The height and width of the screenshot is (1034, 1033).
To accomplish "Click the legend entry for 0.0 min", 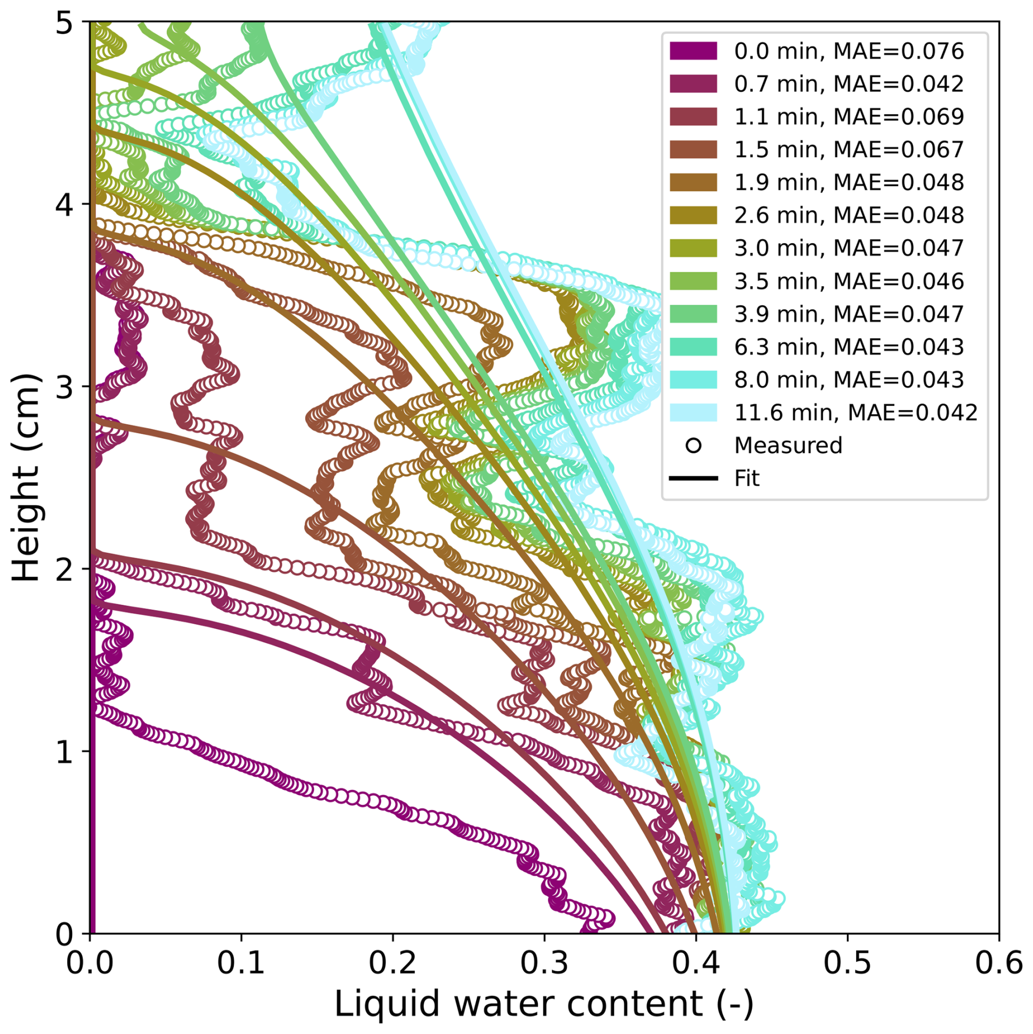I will [x=848, y=51].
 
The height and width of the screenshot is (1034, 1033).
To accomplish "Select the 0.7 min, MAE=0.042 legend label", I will [x=848, y=84].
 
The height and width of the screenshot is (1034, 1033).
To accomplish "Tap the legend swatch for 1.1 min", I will [x=693, y=117].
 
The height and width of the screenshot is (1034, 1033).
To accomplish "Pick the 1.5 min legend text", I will [x=848, y=150].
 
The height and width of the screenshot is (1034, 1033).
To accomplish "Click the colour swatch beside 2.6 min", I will [x=693, y=215].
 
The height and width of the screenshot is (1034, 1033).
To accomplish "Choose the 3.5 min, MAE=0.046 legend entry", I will [x=848, y=281].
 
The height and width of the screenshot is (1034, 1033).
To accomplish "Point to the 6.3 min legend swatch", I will [x=693, y=347].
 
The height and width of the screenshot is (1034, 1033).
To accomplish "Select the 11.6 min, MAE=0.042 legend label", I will [x=855, y=412].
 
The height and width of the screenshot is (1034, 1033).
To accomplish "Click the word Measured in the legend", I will [x=788, y=446].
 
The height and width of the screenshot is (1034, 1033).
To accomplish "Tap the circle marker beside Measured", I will [x=693, y=446].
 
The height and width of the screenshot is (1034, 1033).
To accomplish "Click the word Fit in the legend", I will [x=746, y=478].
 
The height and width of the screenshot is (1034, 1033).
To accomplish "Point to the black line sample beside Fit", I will [x=693, y=478].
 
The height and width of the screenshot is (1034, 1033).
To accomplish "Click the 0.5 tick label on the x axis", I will [x=847, y=962].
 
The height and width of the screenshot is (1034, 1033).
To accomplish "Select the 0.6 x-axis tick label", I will [x=998, y=962].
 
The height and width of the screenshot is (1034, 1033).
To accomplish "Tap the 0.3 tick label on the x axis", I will [x=544, y=962].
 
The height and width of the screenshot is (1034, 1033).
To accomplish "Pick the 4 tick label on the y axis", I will [x=64, y=204].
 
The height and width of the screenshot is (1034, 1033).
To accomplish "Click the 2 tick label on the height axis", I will [x=64, y=569].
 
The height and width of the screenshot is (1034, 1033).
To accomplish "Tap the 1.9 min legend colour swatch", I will [x=693, y=182].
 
